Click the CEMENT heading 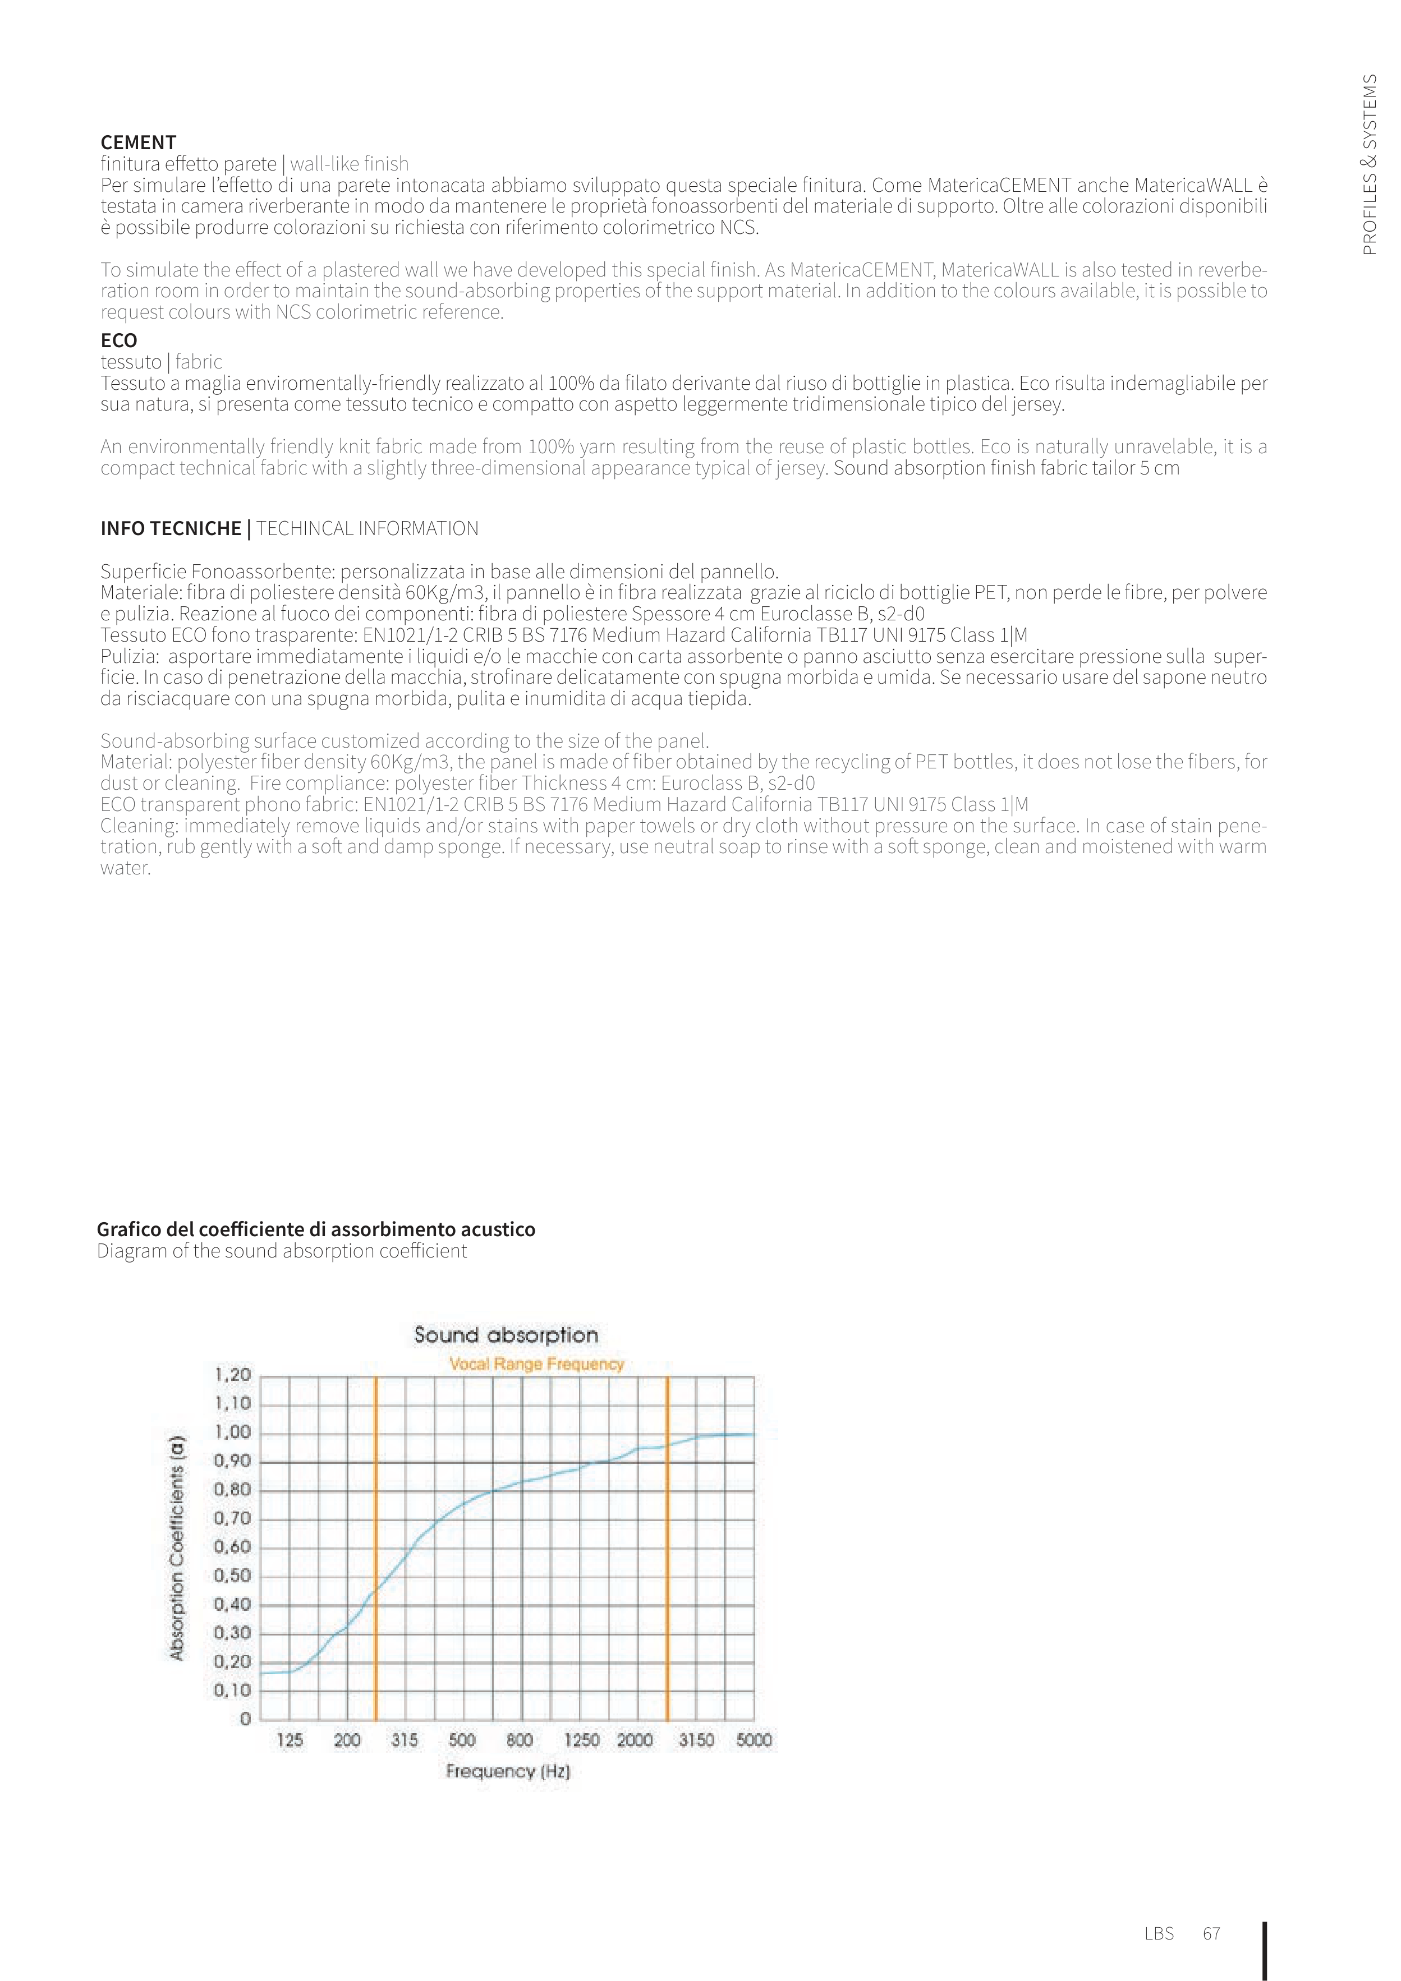(x=138, y=142)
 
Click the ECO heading (x=118, y=340)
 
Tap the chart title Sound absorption (x=506, y=1335)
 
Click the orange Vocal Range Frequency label (x=536, y=1364)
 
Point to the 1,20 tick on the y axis (x=232, y=1375)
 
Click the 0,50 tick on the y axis (x=232, y=1575)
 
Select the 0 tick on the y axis (x=245, y=1719)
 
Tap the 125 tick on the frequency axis (x=290, y=1740)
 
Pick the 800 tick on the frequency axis (x=520, y=1740)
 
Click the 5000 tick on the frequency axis (x=754, y=1740)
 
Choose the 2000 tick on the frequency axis (x=635, y=1740)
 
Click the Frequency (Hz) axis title (x=508, y=1771)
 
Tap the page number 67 (x=1211, y=1933)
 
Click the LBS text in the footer (x=1159, y=1933)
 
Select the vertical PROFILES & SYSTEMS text (x=1369, y=164)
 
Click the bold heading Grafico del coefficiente (x=316, y=1229)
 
